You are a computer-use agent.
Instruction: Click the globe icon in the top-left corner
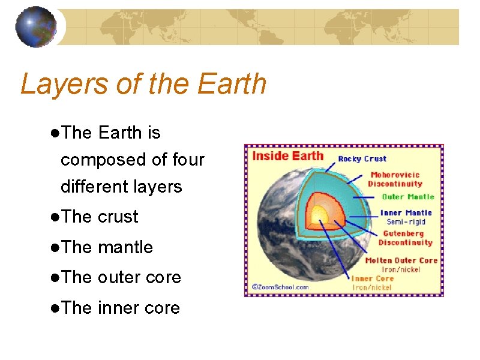(36, 26)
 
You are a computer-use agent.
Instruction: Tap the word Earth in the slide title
(231, 83)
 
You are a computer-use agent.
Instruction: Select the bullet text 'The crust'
(100, 217)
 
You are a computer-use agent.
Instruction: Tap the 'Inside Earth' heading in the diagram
(287, 156)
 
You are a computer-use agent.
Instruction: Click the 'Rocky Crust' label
(362, 159)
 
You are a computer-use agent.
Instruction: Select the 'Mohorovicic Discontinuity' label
(397, 179)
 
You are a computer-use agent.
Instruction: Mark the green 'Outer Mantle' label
(408, 197)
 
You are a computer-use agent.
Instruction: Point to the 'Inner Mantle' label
(406, 213)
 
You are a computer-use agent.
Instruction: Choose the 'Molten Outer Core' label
(401, 260)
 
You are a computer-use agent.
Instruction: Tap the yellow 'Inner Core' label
(372, 278)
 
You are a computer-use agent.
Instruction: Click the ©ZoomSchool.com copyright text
(280, 287)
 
